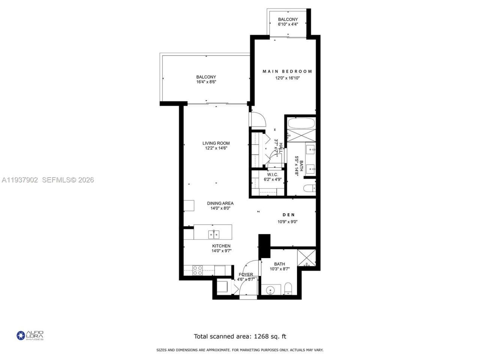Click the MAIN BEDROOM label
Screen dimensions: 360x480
[287, 71]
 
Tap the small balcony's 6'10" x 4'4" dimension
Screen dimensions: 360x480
[288, 24]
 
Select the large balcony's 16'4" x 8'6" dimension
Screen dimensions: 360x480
[206, 82]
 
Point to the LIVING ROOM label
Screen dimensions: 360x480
[216, 143]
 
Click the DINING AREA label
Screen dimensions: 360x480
[220, 203]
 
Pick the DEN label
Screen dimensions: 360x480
[288, 215]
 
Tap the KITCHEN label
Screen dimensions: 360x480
[221, 246]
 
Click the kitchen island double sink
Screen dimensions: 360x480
[214, 234]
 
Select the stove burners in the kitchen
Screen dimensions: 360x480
[197, 270]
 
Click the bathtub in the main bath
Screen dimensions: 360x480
[301, 123]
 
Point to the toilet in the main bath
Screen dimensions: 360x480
[309, 189]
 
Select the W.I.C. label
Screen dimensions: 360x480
[272, 175]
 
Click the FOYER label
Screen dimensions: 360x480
[246, 274]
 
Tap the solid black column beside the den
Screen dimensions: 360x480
[264, 246]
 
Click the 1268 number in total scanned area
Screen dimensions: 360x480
[261, 336]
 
